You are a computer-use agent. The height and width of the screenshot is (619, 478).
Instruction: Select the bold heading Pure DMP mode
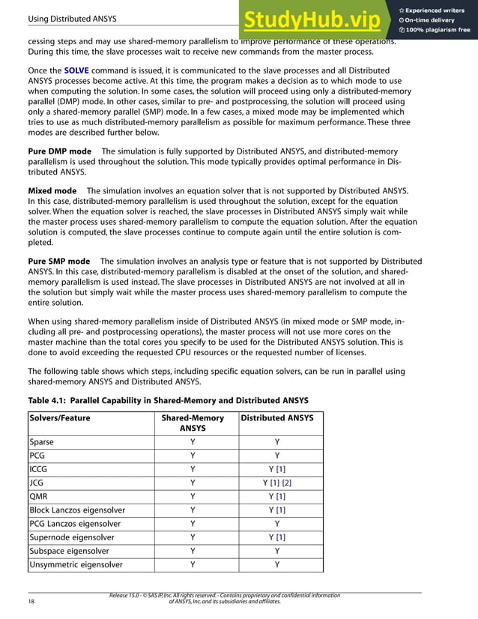tap(60, 151)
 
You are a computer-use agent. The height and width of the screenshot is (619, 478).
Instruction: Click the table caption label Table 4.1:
tap(52, 399)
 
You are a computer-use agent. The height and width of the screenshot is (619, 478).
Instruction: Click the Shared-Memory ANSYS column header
tap(193, 423)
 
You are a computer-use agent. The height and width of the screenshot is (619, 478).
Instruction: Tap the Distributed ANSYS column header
tap(276, 418)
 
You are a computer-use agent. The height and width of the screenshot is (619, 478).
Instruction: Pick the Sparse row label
tap(42, 442)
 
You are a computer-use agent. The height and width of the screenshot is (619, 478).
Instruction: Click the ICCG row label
tap(40, 469)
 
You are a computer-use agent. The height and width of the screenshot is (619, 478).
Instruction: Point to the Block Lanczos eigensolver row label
tap(77, 510)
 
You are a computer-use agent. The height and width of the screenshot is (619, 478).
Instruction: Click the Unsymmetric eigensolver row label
tap(76, 564)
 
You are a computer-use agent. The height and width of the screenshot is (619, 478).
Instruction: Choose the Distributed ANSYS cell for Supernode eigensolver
tap(277, 537)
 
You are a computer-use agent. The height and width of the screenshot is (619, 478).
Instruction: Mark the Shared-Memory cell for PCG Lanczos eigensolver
tap(193, 523)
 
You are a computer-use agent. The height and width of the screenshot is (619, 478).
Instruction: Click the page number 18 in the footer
tap(31, 601)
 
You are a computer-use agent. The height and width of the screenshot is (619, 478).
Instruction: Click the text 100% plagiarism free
tap(438, 30)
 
